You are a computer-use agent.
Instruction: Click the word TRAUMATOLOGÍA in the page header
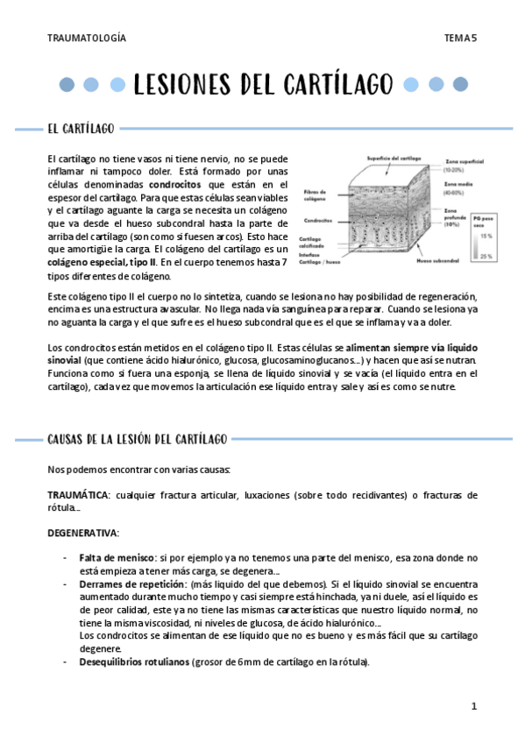[x=87, y=39]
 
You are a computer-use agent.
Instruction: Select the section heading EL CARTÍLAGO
[x=81, y=130]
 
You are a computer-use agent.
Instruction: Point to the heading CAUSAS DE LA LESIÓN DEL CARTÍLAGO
[x=138, y=438]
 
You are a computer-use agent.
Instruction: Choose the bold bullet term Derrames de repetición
[x=130, y=583]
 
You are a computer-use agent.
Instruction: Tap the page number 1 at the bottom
[x=473, y=706]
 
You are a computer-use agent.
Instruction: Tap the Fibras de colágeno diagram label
[x=316, y=194]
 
